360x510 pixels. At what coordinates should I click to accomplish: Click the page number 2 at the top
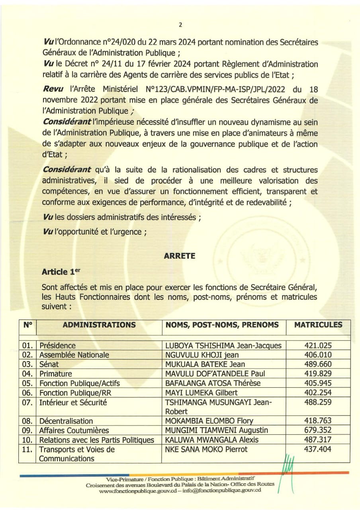tap(180, 25)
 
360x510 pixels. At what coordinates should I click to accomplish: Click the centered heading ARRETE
tap(180, 256)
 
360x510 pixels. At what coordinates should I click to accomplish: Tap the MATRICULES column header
tap(318, 325)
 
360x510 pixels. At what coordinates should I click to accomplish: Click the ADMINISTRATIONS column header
tap(99, 325)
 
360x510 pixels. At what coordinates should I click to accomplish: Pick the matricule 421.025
tap(318, 345)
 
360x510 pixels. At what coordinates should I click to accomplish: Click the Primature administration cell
tap(56, 374)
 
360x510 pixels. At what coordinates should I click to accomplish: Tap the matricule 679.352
tap(318, 430)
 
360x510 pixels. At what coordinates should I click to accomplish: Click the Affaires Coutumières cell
tap(74, 430)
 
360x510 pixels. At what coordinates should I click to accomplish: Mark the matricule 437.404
tap(318, 449)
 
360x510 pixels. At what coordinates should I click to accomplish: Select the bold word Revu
tap(53, 90)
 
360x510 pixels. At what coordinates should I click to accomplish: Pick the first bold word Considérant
tap(67, 121)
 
